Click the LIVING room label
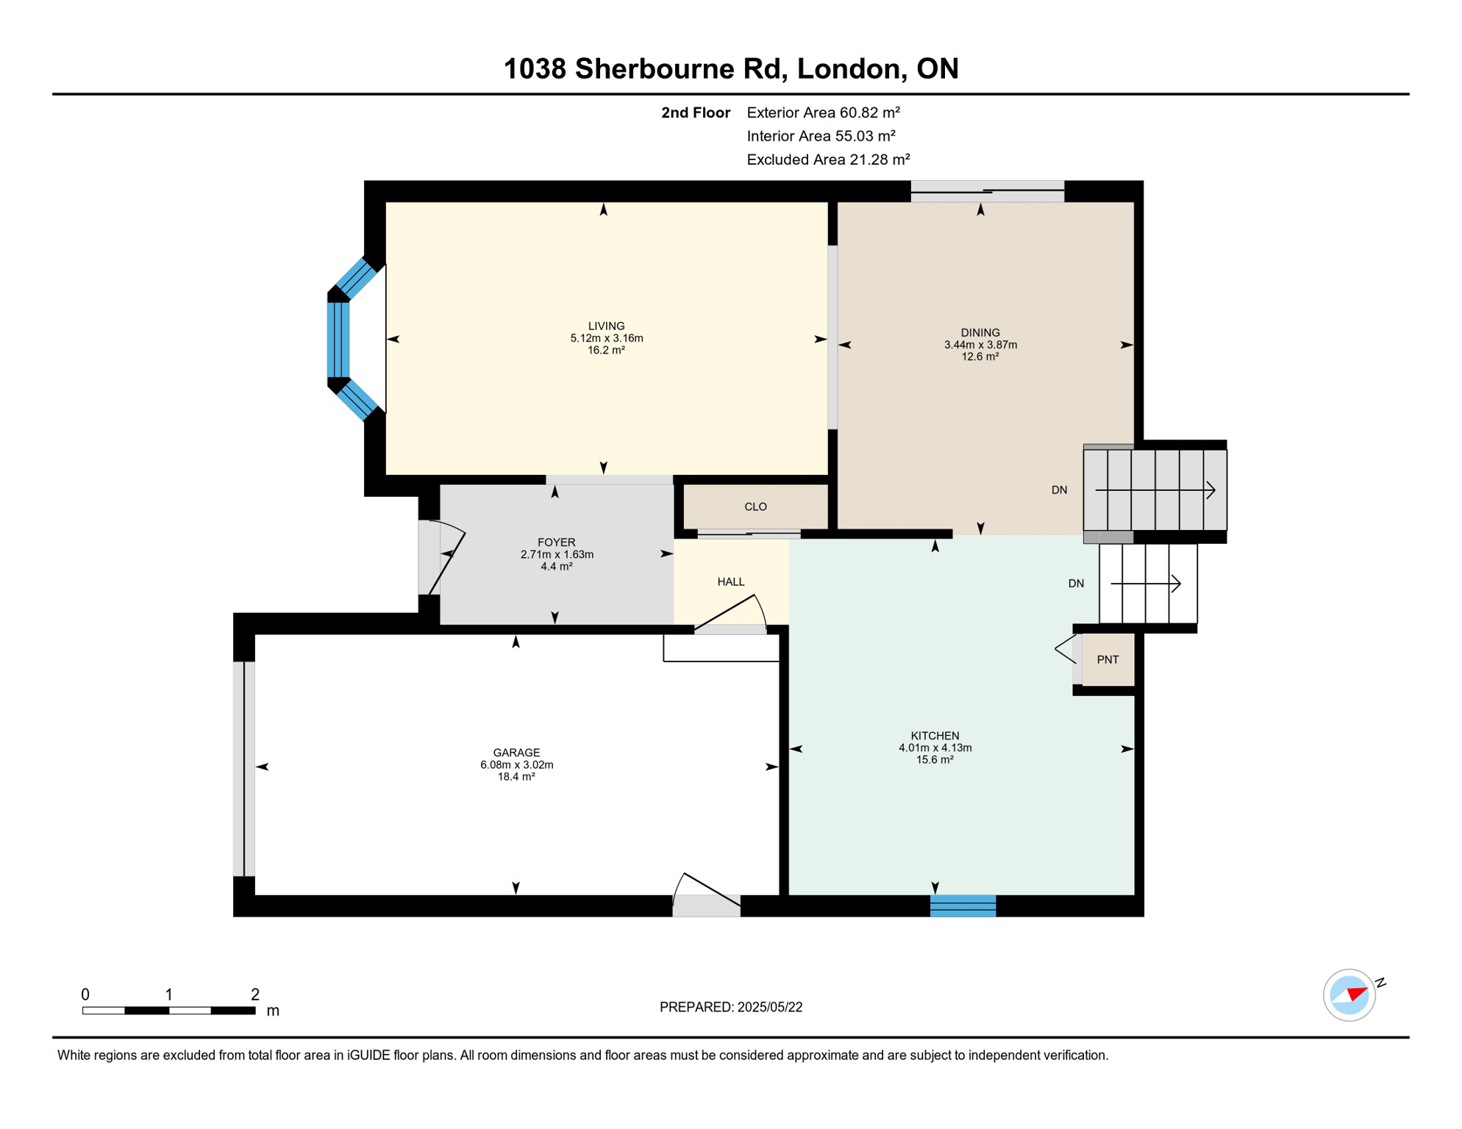click(x=606, y=326)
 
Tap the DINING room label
click(x=980, y=332)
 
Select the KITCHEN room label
click(x=935, y=736)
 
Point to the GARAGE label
click(x=516, y=753)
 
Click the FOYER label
click(x=556, y=542)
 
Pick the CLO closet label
click(x=755, y=507)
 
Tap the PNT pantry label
click(x=1108, y=660)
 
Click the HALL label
click(x=731, y=582)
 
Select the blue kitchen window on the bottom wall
click(x=963, y=906)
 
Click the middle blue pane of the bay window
click(x=338, y=340)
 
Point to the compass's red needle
click(x=1358, y=994)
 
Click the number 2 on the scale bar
click(x=255, y=994)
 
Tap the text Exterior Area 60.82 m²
click(x=823, y=112)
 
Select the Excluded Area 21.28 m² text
click(x=828, y=160)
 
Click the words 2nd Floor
click(x=695, y=112)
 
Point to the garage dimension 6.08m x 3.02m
click(x=516, y=764)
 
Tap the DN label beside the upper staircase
click(x=1059, y=490)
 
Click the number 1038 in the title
click(x=535, y=69)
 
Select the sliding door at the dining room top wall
click(x=987, y=191)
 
